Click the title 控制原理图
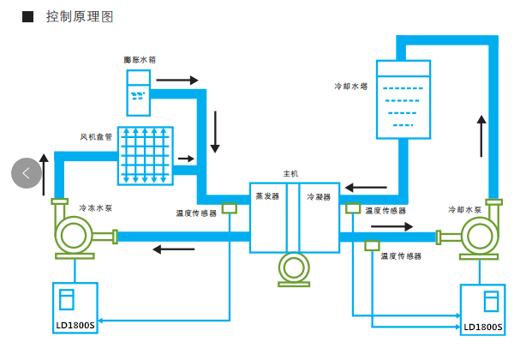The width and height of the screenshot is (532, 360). pyautogui.click(x=80, y=17)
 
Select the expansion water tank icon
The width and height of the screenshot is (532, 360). pyautogui.click(x=138, y=93)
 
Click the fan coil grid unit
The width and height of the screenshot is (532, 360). pyautogui.click(x=146, y=155)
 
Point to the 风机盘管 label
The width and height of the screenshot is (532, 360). pyautogui.click(x=97, y=135)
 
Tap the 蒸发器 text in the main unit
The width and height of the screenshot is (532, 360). pyautogui.click(x=267, y=196)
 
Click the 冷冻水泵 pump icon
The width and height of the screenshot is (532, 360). pyautogui.click(x=75, y=236)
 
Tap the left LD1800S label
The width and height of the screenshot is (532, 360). pyautogui.click(x=76, y=326)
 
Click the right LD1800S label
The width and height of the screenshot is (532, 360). pyautogui.click(x=483, y=327)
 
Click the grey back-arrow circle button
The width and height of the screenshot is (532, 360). pyautogui.click(x=27, y=172)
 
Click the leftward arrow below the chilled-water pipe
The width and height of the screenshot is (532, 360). pyautogui.click(x=172, y=249)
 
